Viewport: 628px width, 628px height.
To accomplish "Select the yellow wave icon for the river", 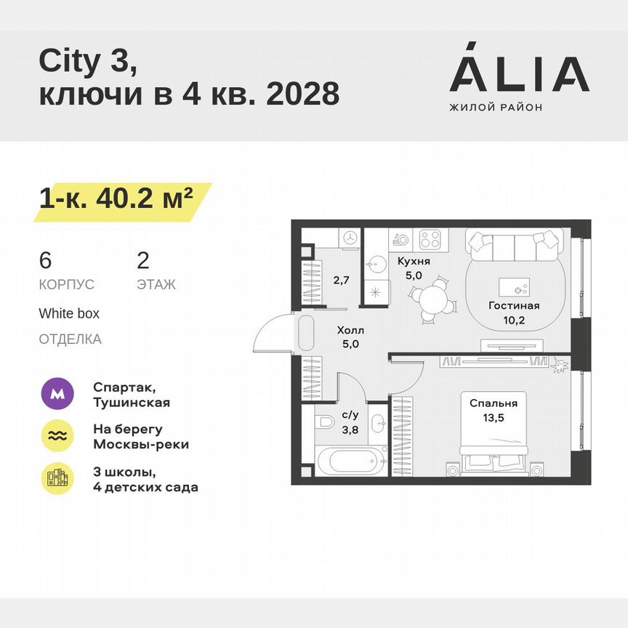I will click(59, 435).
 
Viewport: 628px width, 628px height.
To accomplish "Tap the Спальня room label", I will click(493, 403).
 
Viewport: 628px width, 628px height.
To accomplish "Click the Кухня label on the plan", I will click(414, 261).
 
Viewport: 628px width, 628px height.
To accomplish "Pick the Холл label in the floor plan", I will click(350, 330).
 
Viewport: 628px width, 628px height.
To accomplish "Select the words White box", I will click(69, 314).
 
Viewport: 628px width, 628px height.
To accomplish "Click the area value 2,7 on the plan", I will click(341, 278).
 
